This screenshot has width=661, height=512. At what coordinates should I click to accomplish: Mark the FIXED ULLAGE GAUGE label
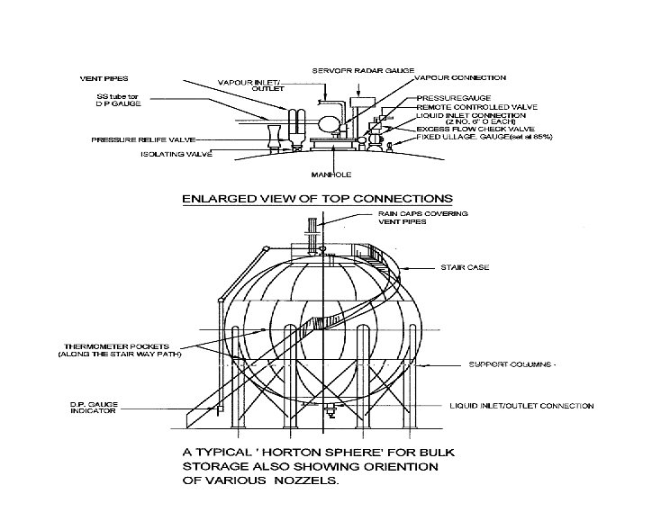[483, 137]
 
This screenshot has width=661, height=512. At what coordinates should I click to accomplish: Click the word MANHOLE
[330, 174]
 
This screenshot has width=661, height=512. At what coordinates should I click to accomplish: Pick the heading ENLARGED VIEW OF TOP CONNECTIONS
[315, 197]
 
